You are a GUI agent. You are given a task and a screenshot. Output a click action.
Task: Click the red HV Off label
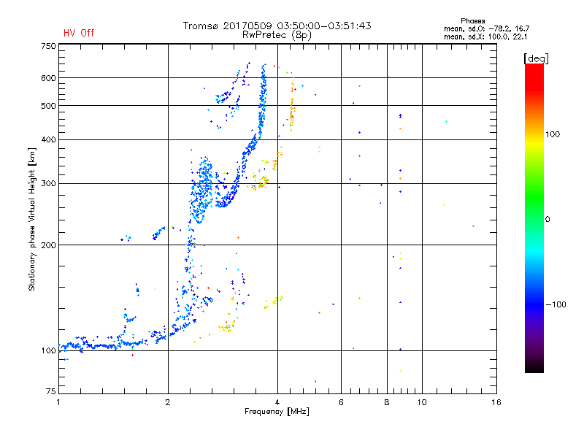click(79, 33)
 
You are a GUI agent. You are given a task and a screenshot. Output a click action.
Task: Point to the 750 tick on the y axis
click(47, 45)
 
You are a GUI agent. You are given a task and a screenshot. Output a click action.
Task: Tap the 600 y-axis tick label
click(47, 77)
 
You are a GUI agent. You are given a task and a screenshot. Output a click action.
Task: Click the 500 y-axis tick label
click(47, 105)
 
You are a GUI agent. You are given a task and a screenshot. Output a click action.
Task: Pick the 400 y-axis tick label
click(47, 139)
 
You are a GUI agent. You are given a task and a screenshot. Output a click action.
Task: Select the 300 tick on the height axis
click(47, 183)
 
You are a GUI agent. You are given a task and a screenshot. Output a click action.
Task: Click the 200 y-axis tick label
click(47, 245)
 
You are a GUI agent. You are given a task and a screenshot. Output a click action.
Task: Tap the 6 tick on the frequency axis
click(341, 402)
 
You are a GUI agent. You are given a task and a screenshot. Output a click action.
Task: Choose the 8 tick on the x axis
click(387, 402)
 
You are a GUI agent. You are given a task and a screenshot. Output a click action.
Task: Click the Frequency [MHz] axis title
click(277, 412)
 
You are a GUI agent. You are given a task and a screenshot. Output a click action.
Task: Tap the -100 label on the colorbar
click(557, 304)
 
